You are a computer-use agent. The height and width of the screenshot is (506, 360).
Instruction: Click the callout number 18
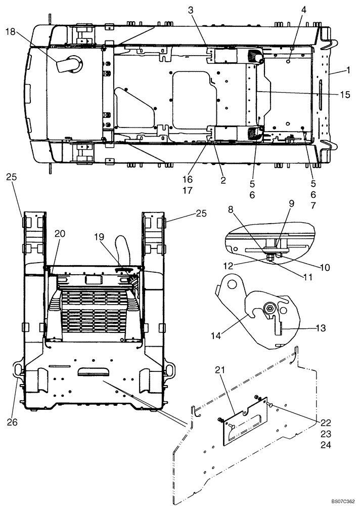pos(11,31)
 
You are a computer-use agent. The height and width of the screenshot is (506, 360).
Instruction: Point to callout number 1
pos(347,71)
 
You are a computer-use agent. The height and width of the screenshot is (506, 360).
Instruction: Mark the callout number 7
pos(312,206)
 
